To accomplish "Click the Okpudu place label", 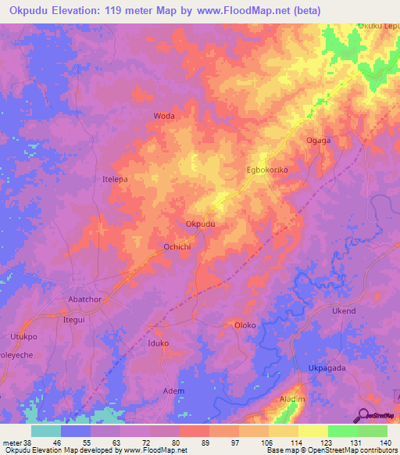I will click(x=200, y=224).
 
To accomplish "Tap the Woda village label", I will click(x=164, y=116).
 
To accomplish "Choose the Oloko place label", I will click(x=246, y=324).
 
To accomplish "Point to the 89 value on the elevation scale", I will click(x=193, y=443).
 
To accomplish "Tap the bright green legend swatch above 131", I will click(x=342, y=431).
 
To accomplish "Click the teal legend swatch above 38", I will click(x=46, y=431).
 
